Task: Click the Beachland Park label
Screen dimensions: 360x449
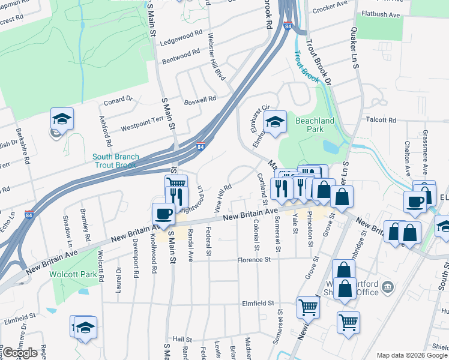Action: [x=315, y=125]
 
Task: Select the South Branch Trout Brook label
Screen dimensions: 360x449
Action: [x=116, y=161]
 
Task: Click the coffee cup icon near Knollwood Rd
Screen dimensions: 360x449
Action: [x=163, y=214]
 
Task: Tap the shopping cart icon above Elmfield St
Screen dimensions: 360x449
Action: [x=308, y=307]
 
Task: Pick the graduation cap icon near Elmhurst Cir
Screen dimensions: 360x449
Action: [x=276, y=124]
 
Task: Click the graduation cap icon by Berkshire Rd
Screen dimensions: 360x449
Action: [x=62, y=119]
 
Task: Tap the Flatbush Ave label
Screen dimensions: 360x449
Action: [x=381, y=14]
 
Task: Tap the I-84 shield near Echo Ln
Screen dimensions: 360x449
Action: [x=29, y=214]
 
